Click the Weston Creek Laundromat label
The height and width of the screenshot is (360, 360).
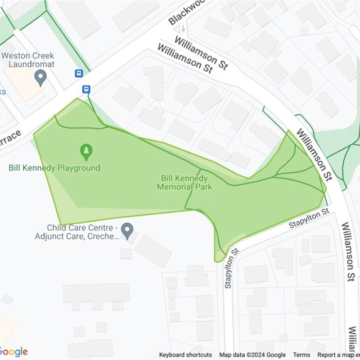(28, 60)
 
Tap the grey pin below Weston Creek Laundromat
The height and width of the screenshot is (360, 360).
(40, 77)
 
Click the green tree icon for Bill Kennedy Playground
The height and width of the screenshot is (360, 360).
(86, 152)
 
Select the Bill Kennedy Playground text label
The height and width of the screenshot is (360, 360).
(54, 168)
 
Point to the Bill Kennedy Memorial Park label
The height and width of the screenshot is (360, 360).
(184, 182)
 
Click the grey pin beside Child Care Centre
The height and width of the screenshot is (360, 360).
(127, 231)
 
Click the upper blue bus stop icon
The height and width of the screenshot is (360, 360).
(79, 73)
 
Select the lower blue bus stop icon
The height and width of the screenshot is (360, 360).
(86, 90)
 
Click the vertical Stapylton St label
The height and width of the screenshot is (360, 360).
(229, 268)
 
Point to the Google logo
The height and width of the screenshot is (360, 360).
(13, 351)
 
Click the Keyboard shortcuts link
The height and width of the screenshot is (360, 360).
(185, 355)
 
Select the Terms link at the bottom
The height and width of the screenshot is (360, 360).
(301, 355)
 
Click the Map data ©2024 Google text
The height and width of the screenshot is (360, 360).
(252, 355)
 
